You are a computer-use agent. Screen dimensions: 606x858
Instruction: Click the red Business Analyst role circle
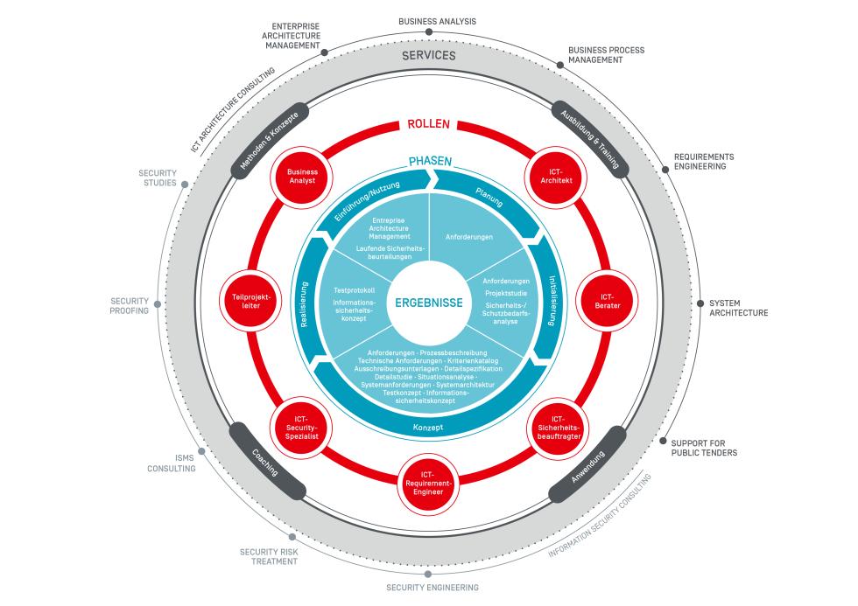point(302,177)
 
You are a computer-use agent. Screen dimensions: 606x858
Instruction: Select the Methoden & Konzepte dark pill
point(264,143)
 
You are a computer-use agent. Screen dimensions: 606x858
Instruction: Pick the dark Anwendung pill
point(588,472)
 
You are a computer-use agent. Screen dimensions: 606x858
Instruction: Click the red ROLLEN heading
point(429,124)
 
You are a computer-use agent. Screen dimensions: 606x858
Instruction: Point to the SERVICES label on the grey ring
point(429,56)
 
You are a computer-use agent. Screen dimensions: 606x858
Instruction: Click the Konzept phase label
point(429,427)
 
